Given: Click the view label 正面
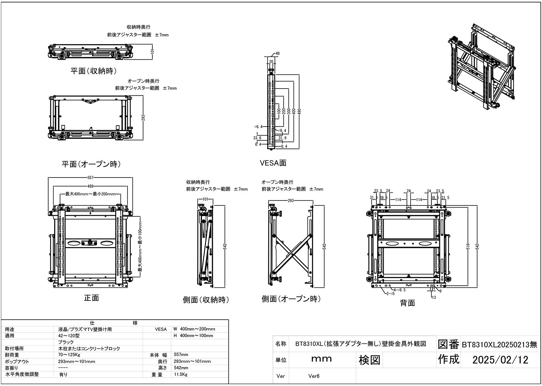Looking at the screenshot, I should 91,298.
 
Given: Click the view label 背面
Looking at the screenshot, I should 407,303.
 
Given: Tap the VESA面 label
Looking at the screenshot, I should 273,163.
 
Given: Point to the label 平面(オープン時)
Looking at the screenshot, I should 91,164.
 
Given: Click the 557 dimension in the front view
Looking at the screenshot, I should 91,178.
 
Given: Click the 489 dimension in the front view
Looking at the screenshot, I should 91,186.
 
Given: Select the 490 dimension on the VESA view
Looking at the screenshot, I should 299,111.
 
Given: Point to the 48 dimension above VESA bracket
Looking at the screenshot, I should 278,53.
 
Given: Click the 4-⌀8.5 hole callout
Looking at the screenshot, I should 399,290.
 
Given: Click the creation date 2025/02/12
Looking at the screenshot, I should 500,360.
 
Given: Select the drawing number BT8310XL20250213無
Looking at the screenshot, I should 499,345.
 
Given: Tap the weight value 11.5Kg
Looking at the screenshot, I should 181,375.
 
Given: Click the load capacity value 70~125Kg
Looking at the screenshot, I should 69,355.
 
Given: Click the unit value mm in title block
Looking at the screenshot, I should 321,359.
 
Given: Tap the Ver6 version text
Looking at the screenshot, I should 314,376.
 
